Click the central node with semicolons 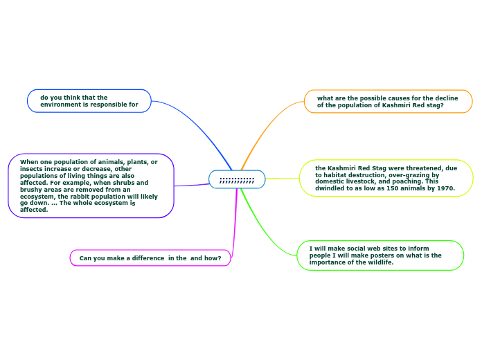click(237, 179)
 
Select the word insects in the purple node click(31, 168)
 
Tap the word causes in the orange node click(386, 98)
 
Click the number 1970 click(442, 188)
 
